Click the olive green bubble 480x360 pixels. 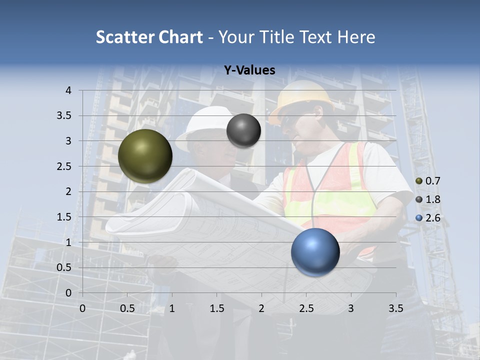click(145, 156)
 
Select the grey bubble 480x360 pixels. click(243, 130)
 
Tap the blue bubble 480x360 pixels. click(315, 252)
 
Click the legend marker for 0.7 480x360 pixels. click(419, 181)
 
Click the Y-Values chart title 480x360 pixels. click(249, 70)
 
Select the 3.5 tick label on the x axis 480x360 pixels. click(395, 308)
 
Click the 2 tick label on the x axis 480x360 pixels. click(261, 308)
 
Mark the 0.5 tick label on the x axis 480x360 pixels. click(127, 308)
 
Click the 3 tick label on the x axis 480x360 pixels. click(351, 308)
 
